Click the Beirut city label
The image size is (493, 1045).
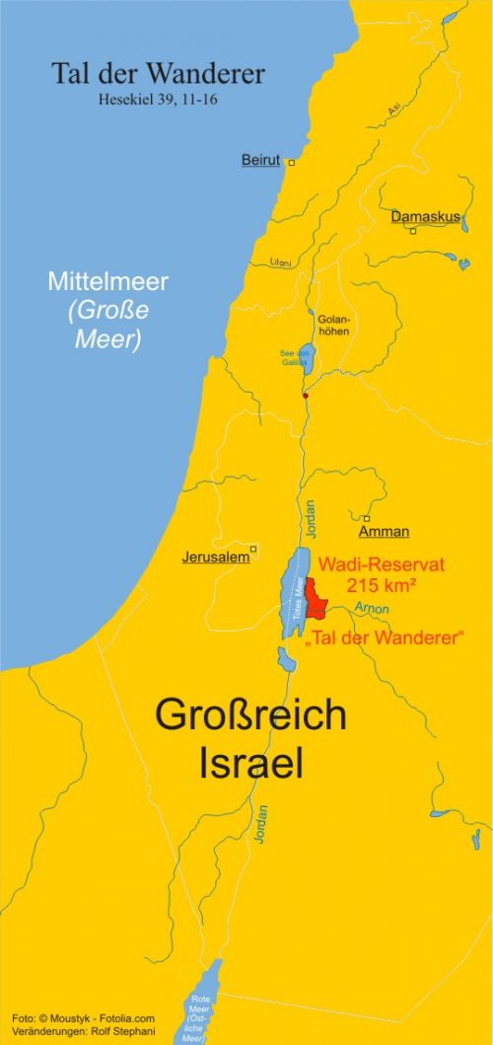260,160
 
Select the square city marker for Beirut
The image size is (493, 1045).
291,162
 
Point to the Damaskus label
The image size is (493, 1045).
426,216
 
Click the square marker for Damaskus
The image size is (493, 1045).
413,231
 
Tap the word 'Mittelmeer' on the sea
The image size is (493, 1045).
108,281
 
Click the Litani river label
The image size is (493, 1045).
279,261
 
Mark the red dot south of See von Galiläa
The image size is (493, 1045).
306,396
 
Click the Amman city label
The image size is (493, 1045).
384,532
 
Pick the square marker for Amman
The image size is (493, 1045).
366,518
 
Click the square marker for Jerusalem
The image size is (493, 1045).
253,549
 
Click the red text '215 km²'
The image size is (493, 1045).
380,585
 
